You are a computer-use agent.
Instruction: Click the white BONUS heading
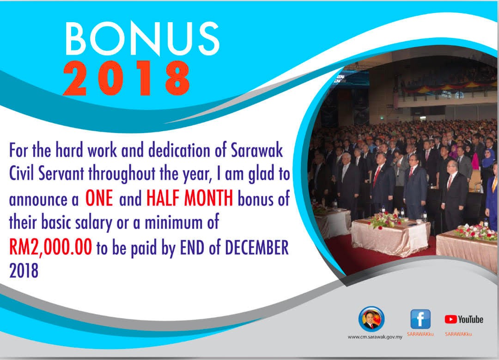(142, 39)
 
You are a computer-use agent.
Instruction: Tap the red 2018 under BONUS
(127, 78)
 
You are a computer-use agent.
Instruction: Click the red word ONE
(99, 199)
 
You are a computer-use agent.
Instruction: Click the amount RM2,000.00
(51, 247)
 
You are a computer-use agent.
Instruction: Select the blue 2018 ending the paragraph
(24, 271)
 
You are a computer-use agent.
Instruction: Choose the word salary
(93, 223)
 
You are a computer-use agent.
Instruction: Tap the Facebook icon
(420, 319)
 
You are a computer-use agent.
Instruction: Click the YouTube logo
(464, 319)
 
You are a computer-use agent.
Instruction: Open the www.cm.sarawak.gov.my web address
(375, 337)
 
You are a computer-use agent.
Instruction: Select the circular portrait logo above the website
(371, 319)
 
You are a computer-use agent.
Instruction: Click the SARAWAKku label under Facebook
(420, 334)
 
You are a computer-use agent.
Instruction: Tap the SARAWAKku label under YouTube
(459, 334)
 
